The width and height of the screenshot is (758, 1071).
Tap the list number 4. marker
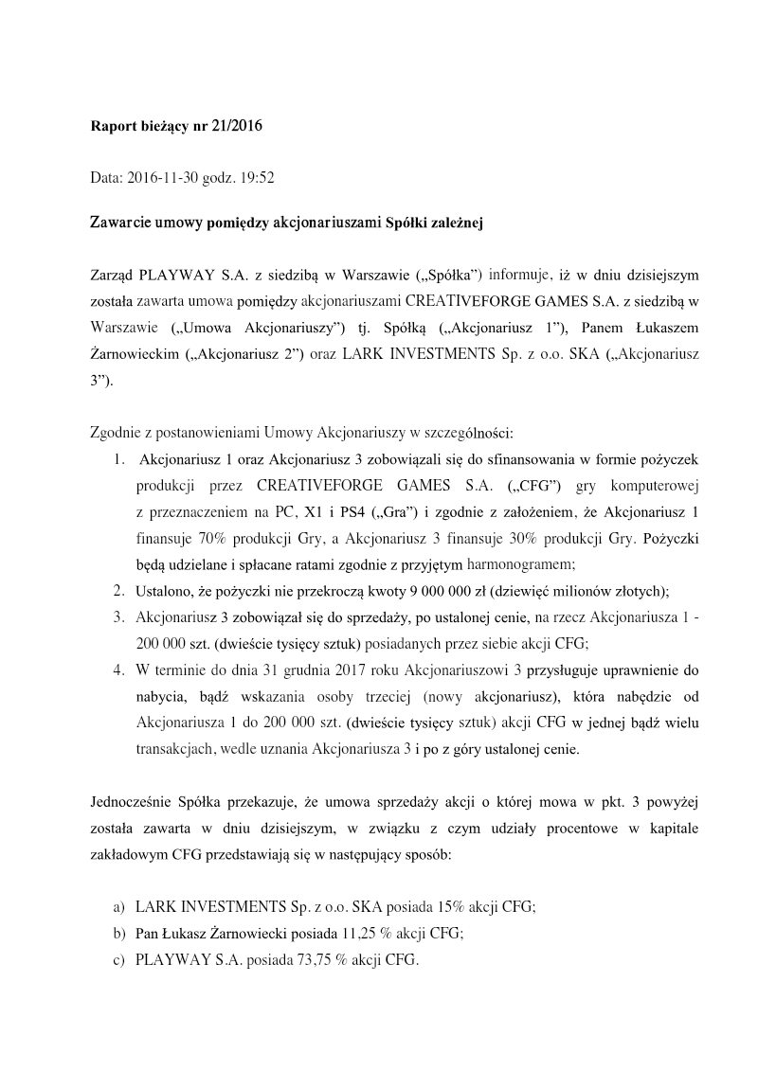pos(118,669)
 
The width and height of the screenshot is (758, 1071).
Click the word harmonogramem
pos(520,565)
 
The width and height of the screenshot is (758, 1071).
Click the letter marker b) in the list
pos(118,932)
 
